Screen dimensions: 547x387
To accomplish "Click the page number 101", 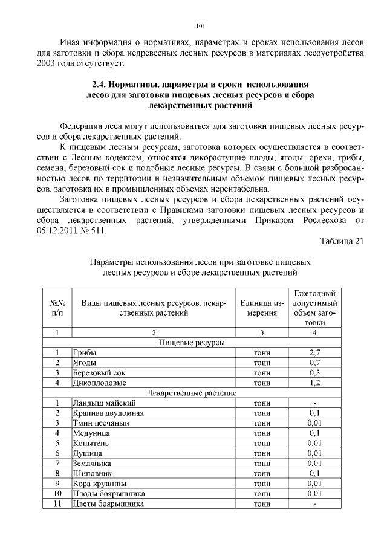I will click(201, 26).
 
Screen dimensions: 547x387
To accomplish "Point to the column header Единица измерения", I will click(261, 308).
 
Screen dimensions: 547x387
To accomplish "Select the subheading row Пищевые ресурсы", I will click(191, 343).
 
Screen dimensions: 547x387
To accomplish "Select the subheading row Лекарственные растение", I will click(191, 393).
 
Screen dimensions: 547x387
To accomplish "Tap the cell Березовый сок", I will click(99, 373).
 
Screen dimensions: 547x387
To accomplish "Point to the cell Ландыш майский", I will click(104, 403).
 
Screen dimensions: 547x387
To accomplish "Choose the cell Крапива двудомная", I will click(108, 413).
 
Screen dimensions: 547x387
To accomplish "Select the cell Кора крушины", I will click(99, 483).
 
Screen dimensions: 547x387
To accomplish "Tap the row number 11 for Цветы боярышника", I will click(57, 503).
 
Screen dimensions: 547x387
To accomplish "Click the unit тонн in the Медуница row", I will click(262, 433).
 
